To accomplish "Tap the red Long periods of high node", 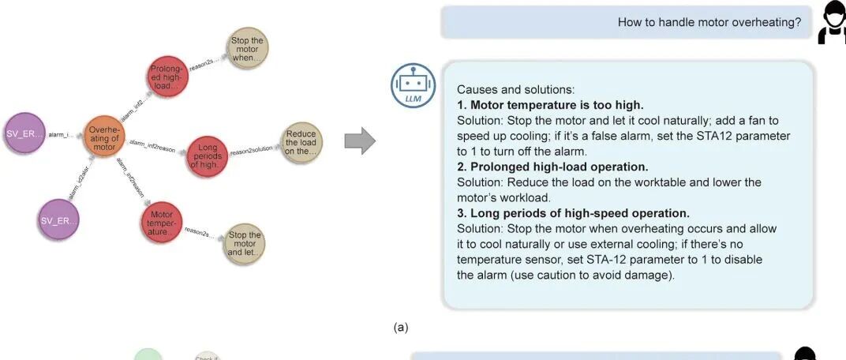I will coord(207,155).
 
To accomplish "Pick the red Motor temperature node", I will coord(162,222).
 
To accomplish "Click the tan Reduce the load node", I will coord(301,143).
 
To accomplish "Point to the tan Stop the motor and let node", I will coord(244,244).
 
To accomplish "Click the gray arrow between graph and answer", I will coord(360,141).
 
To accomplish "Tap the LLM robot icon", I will coord(413,84).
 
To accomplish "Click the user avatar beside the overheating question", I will coord(832,22).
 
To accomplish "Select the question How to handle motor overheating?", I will coord(709,22).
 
